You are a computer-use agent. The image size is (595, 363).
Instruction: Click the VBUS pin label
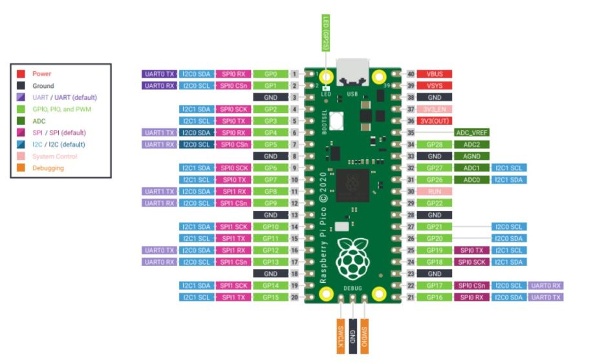434,74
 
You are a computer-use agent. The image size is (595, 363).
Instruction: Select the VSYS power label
434,85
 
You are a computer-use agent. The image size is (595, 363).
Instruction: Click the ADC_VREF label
471,132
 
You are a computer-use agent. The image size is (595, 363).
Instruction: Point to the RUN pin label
434,191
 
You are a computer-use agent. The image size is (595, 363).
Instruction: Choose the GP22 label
434,203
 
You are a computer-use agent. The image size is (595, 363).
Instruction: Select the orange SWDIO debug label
364,335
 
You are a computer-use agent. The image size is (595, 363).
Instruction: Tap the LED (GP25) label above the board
326,32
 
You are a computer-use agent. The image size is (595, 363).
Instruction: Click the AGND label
471,156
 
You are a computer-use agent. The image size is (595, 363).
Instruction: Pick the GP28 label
434,144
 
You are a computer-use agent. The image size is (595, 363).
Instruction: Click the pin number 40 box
410,74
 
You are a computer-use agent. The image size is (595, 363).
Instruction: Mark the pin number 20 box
294,297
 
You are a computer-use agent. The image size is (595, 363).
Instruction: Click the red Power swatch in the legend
21,74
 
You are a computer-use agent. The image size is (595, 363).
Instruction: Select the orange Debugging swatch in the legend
21,168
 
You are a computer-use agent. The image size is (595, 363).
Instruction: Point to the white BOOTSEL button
336,121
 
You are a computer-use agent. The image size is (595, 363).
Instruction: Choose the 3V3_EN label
434,109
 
